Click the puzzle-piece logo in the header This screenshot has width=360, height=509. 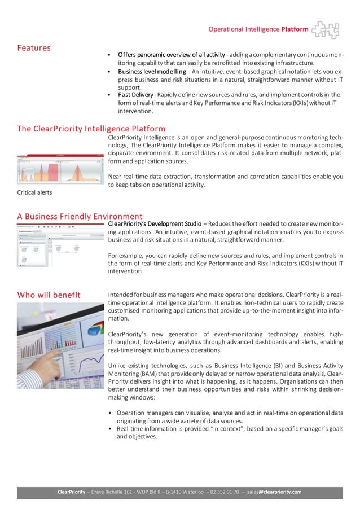pyautogui.click(x=326, y=29)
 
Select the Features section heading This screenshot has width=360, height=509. pyautogui.click(x=33, y=48)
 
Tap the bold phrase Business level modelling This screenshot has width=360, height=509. pyautogui.click(x=152, y=72)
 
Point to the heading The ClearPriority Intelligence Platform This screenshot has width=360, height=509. pyautogui.click(x=91, y=129)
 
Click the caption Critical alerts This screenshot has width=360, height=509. pyautogui.click(x=35, y=193)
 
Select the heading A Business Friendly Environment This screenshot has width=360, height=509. pyautogui.click(x=80, y=216)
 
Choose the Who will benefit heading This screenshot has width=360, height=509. pyautogui.click(x=49, y=295)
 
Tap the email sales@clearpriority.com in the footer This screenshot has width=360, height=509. pyautogui.click(x=276, y=492)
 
